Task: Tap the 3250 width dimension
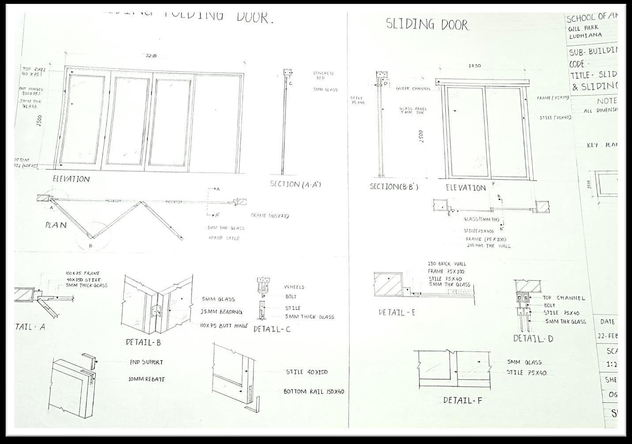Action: pyautogui.click(x=151, y=56)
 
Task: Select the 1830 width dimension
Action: pyautogui.click(x=474, y=66)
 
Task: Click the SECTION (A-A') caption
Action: pyautogui.click(x=295, y=184)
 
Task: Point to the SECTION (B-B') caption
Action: pyautogui.click(x=394, y=187)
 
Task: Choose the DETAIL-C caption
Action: pyautogui.click(x=272, y=329)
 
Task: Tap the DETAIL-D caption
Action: pyautogui.click(x=533, y=339)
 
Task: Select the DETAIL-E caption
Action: pyautogui.click(x=397, y=313)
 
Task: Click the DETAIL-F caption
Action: pyautogui.click(x=462, y=401)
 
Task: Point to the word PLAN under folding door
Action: pyautogui.click(x=56, y=225)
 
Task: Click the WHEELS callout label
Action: pyautogui.click(x=294, y=287)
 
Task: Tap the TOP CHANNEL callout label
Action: pyautogui.click(x=564, y=298)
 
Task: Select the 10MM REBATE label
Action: pyautogui.click(x=146, y=379)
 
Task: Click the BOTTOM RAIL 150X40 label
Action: pyautogui.click(x=314, y=392)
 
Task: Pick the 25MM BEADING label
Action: pyautogui.click(x=222, y=312)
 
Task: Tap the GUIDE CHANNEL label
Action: pyautogui.click(x=413, y=89)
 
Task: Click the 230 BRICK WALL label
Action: pyautogui.click(x=447, y=264)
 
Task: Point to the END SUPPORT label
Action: pyautogui.click(x=146, y=362)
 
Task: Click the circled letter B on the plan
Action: pyautogui.click(x=91, y=246)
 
